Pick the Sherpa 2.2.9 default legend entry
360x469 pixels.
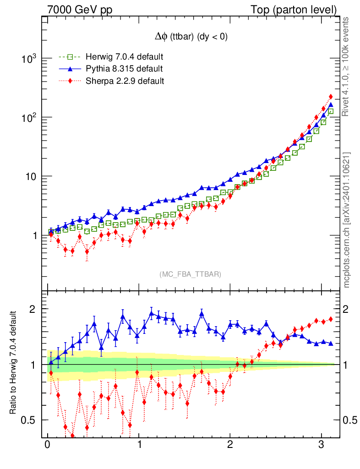click(122, 81)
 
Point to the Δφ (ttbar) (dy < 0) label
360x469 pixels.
click(191, 38)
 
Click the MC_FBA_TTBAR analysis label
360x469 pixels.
click(191, 274)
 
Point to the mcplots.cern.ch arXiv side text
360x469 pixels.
click(347, 220)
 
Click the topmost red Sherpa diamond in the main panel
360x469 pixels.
click(331, 97)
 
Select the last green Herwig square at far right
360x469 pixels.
click(330, 111)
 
